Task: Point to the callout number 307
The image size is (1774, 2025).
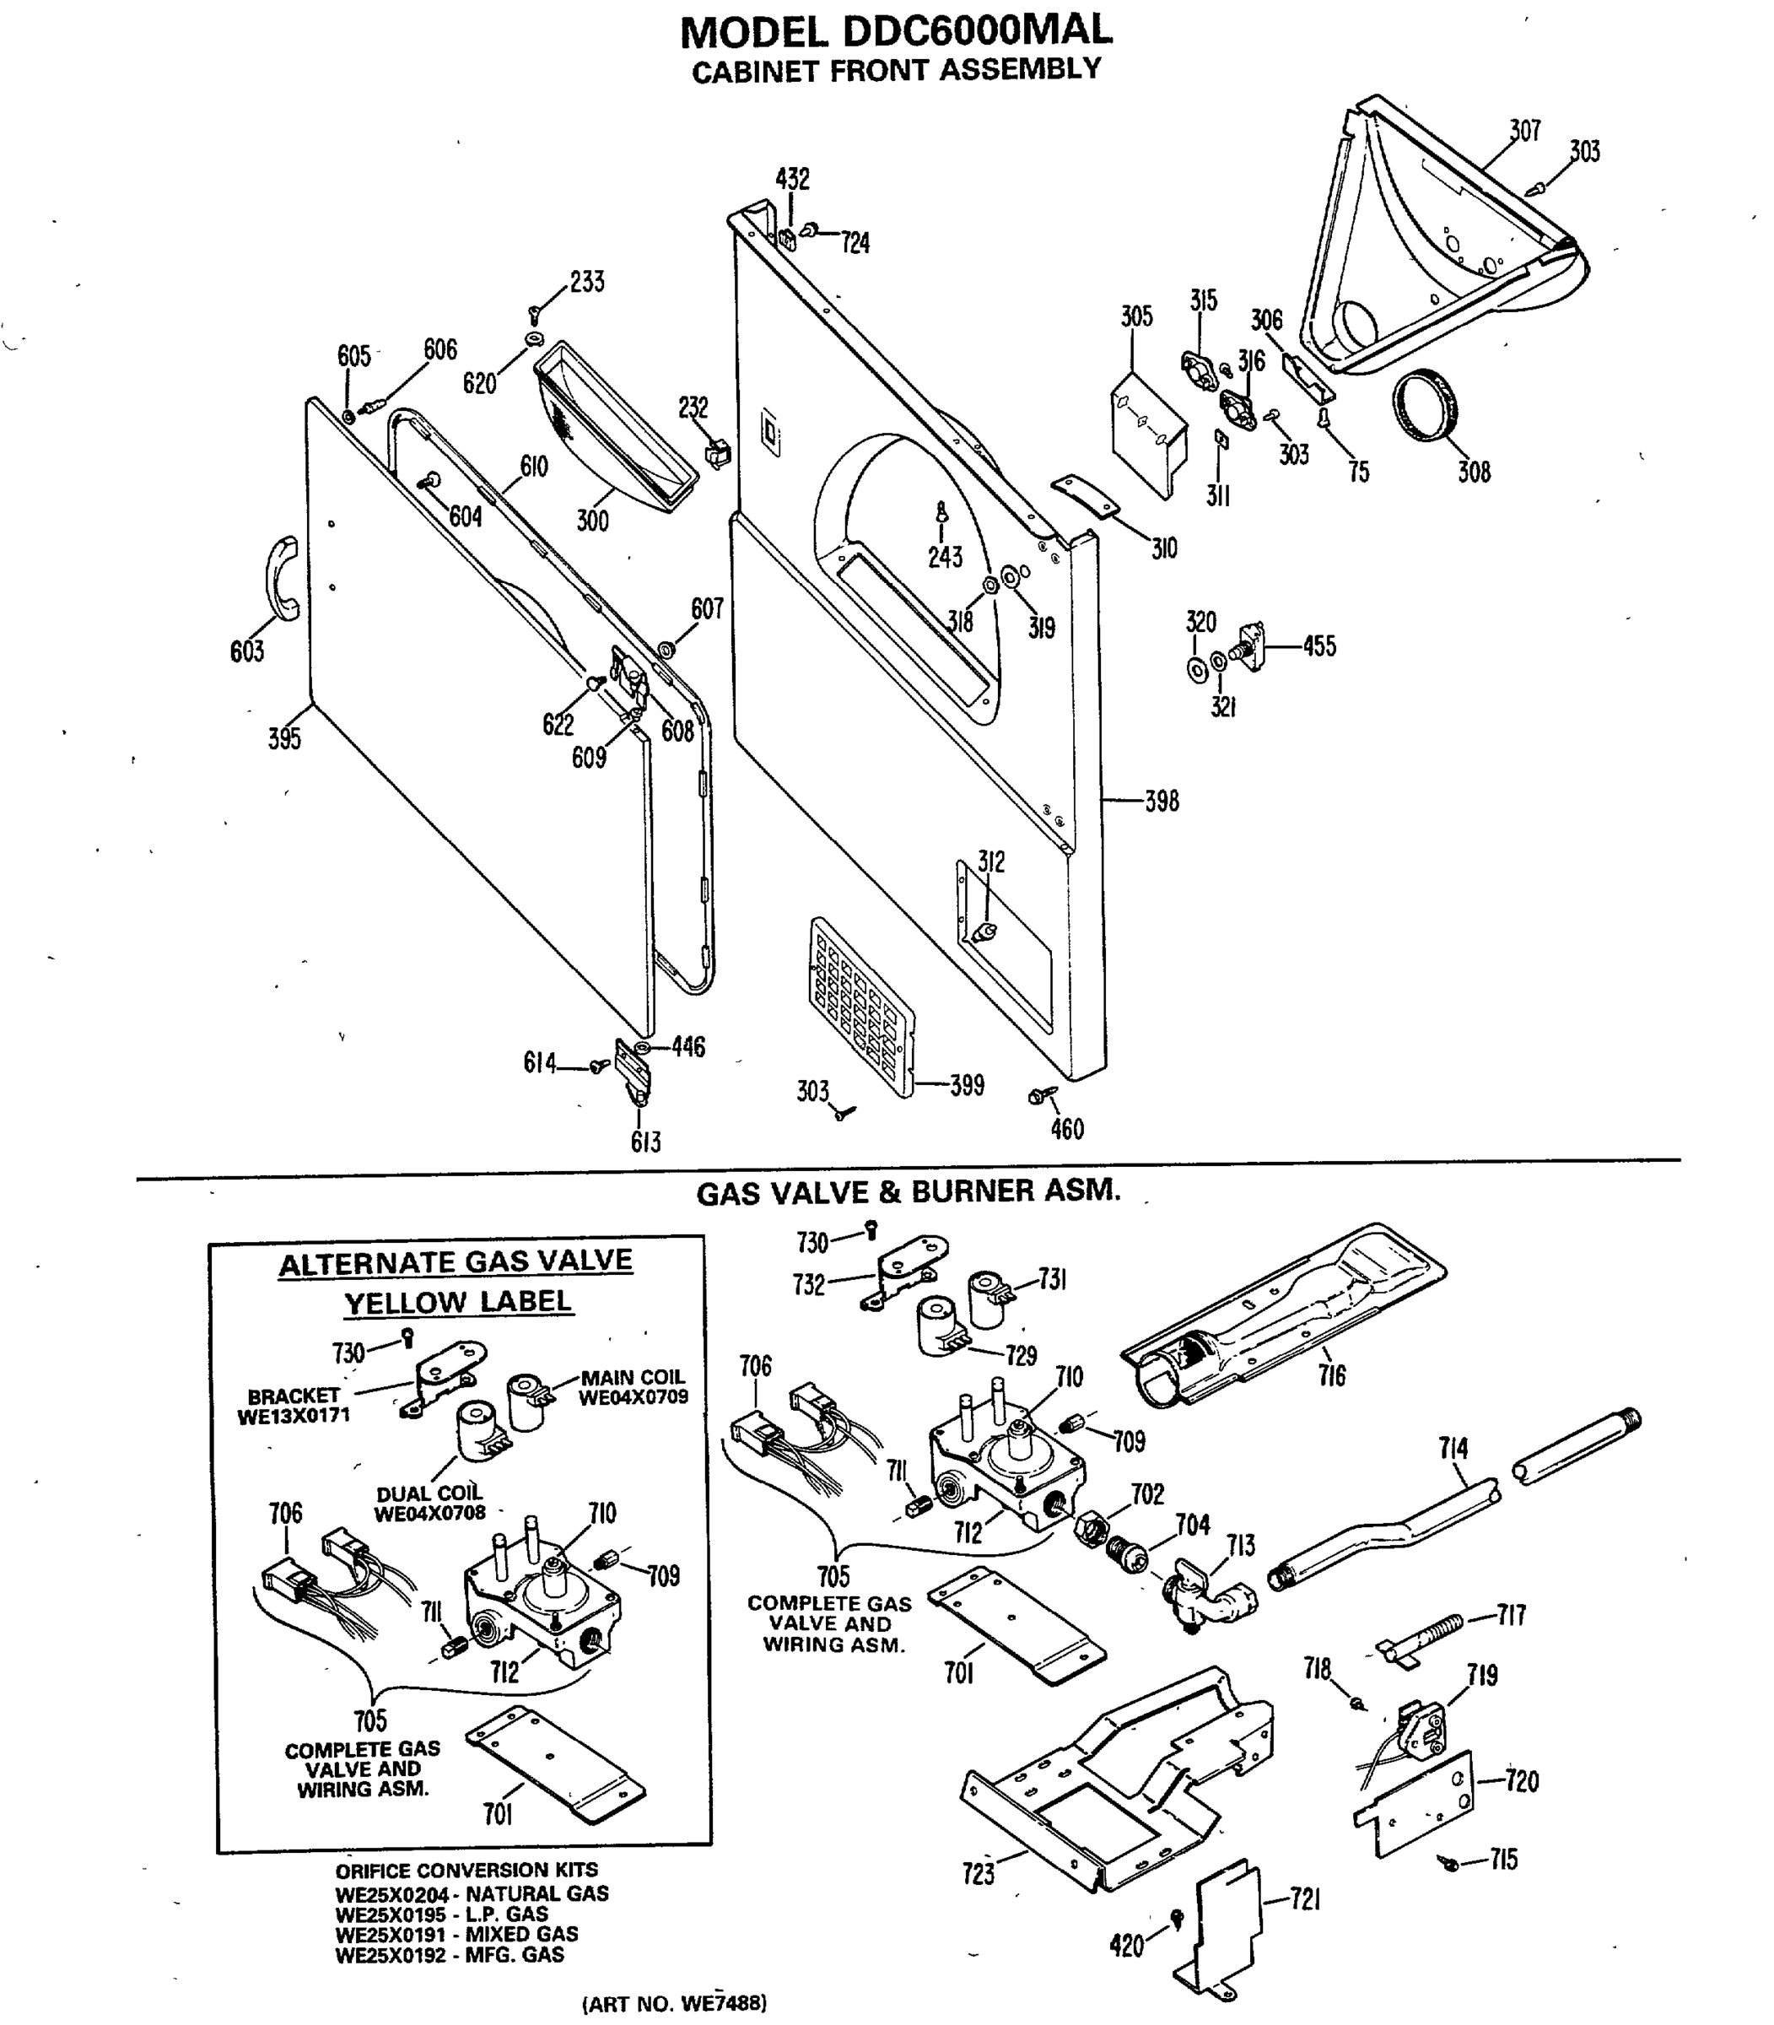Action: [1524, 130]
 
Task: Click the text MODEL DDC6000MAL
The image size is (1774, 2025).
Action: [896, 32]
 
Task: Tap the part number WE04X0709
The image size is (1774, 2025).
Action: [633, 1398]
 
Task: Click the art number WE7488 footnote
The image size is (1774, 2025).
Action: [674, 2003]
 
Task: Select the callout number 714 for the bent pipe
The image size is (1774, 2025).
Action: [1453, 1449]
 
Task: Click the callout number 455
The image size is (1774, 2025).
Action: [1318, 646]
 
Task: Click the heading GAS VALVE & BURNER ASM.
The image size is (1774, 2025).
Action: [908, 1191]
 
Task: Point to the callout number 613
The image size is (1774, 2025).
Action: [645, 1142]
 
